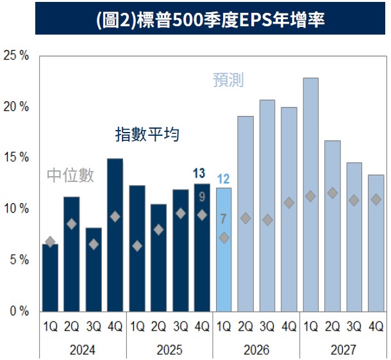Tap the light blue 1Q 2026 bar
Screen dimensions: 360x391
224,250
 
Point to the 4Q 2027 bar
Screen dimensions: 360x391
376,243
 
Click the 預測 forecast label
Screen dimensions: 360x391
228,81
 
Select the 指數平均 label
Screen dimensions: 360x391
147,134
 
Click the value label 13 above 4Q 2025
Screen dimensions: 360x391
199,173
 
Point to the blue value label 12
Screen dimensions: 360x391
224,179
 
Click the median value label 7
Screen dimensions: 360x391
223,219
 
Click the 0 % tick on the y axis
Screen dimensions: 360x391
19,311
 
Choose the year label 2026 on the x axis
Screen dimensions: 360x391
257,350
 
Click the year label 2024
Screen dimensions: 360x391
83,350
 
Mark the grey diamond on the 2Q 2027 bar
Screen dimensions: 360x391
333,193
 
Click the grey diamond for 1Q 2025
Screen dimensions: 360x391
137,246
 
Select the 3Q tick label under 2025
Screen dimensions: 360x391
180,327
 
